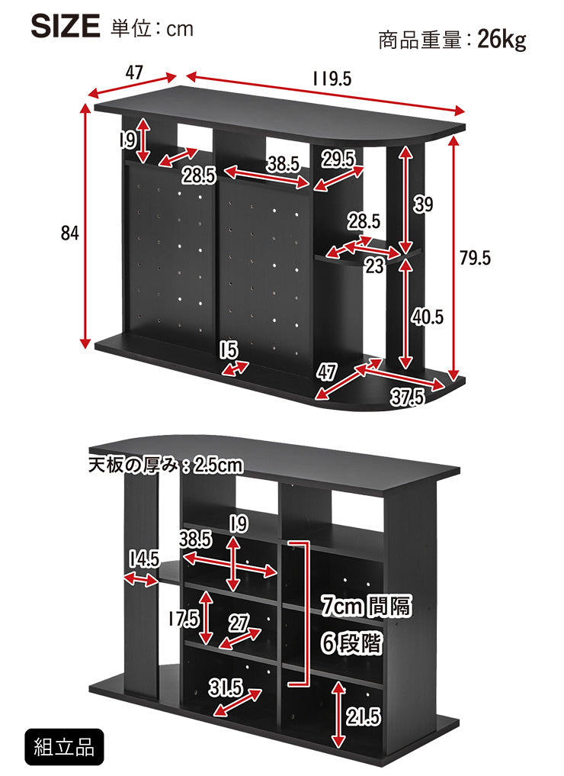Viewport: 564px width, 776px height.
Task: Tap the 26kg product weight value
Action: pos(501,40)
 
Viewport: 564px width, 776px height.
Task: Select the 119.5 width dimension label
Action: pos(332,79)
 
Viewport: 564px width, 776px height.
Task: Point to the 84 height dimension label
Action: pos(70,233)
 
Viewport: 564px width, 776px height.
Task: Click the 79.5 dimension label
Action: pos(475,258)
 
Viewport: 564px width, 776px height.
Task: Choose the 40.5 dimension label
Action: pos(428,317)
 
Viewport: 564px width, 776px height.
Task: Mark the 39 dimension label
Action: pos(424,204)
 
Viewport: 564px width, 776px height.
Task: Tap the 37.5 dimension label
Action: pos(408,397)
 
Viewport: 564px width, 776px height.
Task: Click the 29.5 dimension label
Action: pos(338,159)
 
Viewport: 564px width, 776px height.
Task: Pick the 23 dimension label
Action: pos(375,266)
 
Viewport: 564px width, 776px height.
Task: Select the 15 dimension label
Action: pos(229,350)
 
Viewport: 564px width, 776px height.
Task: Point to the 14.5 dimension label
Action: pos(144,559)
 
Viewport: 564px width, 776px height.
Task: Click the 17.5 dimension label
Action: pos(183,619)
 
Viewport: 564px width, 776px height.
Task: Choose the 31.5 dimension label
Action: pos(225,688)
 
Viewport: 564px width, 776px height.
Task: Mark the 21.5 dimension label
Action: pos(364,716)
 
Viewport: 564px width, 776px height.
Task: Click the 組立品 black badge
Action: pos(64,747)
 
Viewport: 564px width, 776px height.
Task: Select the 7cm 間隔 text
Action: pos(366,606)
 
